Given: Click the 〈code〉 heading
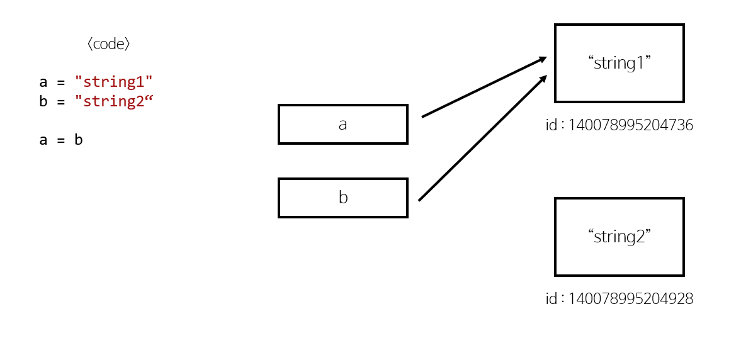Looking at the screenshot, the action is point(109,44).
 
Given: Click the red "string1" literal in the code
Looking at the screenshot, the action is point(114,81).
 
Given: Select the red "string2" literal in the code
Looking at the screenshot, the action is point(114,101).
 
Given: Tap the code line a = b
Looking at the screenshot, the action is point(61,140).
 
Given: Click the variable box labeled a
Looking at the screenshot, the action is point(343,124).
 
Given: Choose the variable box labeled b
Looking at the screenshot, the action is point(343,198).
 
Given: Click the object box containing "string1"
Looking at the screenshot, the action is point(619,63).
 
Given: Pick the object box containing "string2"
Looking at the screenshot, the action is point(619,237).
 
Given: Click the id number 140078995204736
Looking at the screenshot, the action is point(630,125).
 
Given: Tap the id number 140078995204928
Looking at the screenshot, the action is point(630,299).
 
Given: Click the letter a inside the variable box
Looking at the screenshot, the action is point(342,125).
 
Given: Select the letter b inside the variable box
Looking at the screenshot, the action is point(343,198).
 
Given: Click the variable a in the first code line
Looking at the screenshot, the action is point(43,82).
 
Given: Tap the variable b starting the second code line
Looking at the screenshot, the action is point(43,101).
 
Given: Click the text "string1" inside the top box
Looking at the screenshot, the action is point(619,63).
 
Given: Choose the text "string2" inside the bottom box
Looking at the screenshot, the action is point(619,237).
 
